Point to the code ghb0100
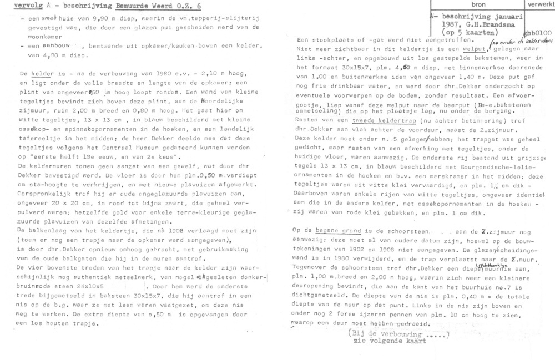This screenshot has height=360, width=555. click(538, 33)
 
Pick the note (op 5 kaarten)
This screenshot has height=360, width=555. click(475, 33)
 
